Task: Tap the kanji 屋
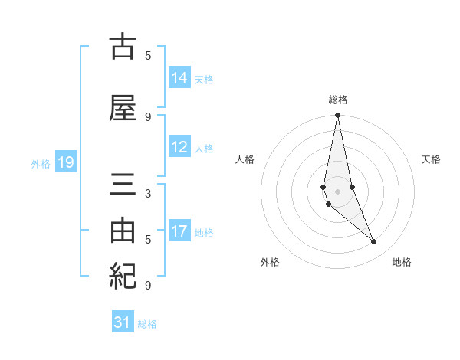pyautogui.click(x=123, y=109)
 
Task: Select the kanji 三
pyautogui.click(x=123, y=186)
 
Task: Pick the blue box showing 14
pyautogui.click(x=179, y=78)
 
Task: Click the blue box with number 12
pyautogui.click(x=179, y=148)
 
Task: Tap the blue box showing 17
pyautogui.click(x=179, y=232)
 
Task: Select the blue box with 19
pyautogui.click(x=65, y=162)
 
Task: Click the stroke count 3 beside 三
pyautogui.click(x=148, y=193)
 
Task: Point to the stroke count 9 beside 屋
pyautogui.click(x=148, y=116)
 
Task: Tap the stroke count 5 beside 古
pyautogui.click(x=148, y=55)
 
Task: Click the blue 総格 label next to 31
pyautogui.click(x=147, y=324)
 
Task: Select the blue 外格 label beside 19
pyautogui.click(x=41, y=163)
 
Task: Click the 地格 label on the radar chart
pyautogui.click(x=402, y=262)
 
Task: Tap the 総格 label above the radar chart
pyautogui.click(x=337, y=100)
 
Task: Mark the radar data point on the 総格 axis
pyautogui.click(x=337, y=116)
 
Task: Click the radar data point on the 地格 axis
pyautogui.click(x=374, y=242)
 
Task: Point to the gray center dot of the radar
pyautogui.click(x=337, y=191)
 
